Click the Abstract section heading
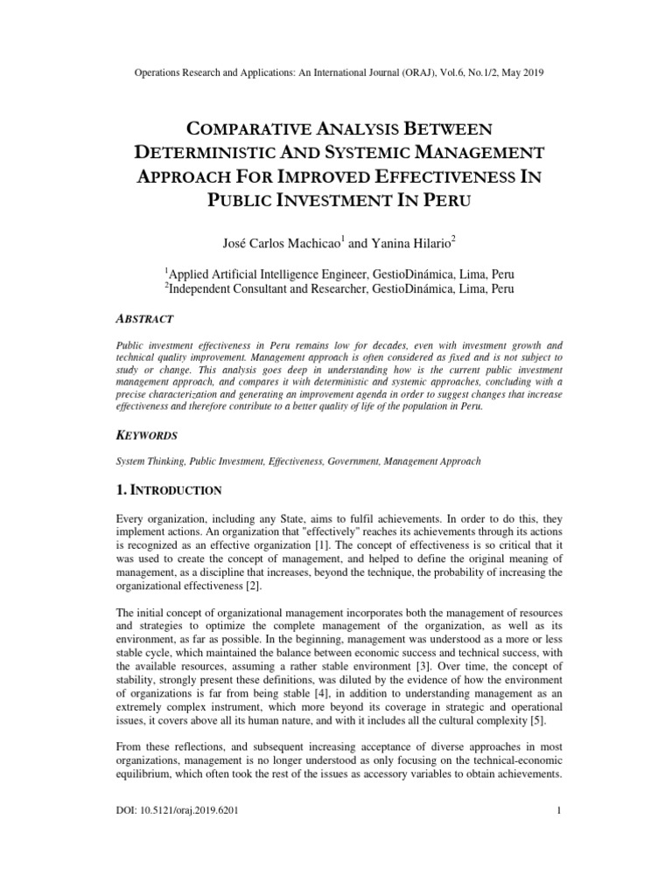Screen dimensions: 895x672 click(145, 318)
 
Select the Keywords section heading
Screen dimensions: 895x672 click(148, 434)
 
